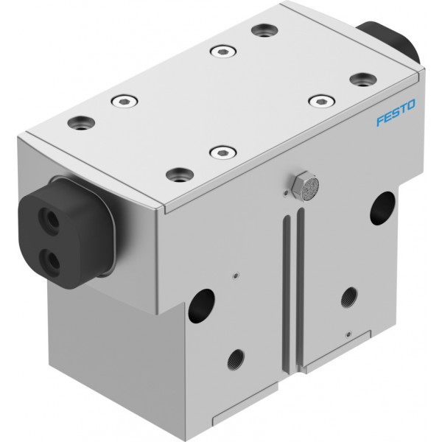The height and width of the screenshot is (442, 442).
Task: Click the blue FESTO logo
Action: tap(396, 112)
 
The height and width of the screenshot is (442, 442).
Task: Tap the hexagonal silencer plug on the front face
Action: tap(305, 186)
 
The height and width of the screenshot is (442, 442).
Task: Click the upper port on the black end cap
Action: tap(49, 220)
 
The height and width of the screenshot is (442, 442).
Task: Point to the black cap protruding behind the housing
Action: tap(390, 40)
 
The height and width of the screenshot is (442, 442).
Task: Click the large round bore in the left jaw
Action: tap(201, 306)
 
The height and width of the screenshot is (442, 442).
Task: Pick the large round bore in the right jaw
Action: tap(382, 208)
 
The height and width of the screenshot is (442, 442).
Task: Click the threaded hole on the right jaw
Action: tap(349, 298)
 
